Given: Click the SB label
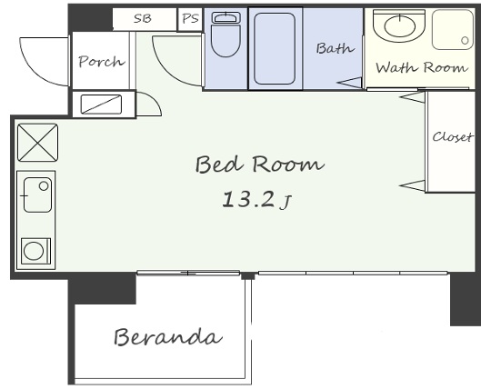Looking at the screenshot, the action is click(143, 19).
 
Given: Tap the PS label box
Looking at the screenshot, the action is click(190, 19).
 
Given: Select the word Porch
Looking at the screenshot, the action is click(102, 62).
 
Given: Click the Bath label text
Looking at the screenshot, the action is click(335, 48).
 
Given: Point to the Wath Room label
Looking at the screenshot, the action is click(422, 67).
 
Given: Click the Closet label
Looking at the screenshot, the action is click(452, 136).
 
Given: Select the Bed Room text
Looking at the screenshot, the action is click(259, 164).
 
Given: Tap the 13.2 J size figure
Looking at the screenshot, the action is click(256, 200).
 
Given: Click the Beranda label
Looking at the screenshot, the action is click(168, 336).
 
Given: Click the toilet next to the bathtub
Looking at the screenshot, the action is click(226, 34).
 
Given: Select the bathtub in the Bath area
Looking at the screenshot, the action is click(275, 48).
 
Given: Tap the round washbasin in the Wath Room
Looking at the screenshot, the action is click(399, 25).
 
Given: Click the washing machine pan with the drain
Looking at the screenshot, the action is click(453, 30).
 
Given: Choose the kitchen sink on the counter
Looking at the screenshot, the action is click(37, 194).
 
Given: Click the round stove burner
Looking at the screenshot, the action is click(34, 251).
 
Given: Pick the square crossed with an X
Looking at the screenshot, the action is click(37, 143).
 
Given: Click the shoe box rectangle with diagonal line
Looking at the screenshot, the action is click(101, 105).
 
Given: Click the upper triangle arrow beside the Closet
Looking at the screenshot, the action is click(413, 97).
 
